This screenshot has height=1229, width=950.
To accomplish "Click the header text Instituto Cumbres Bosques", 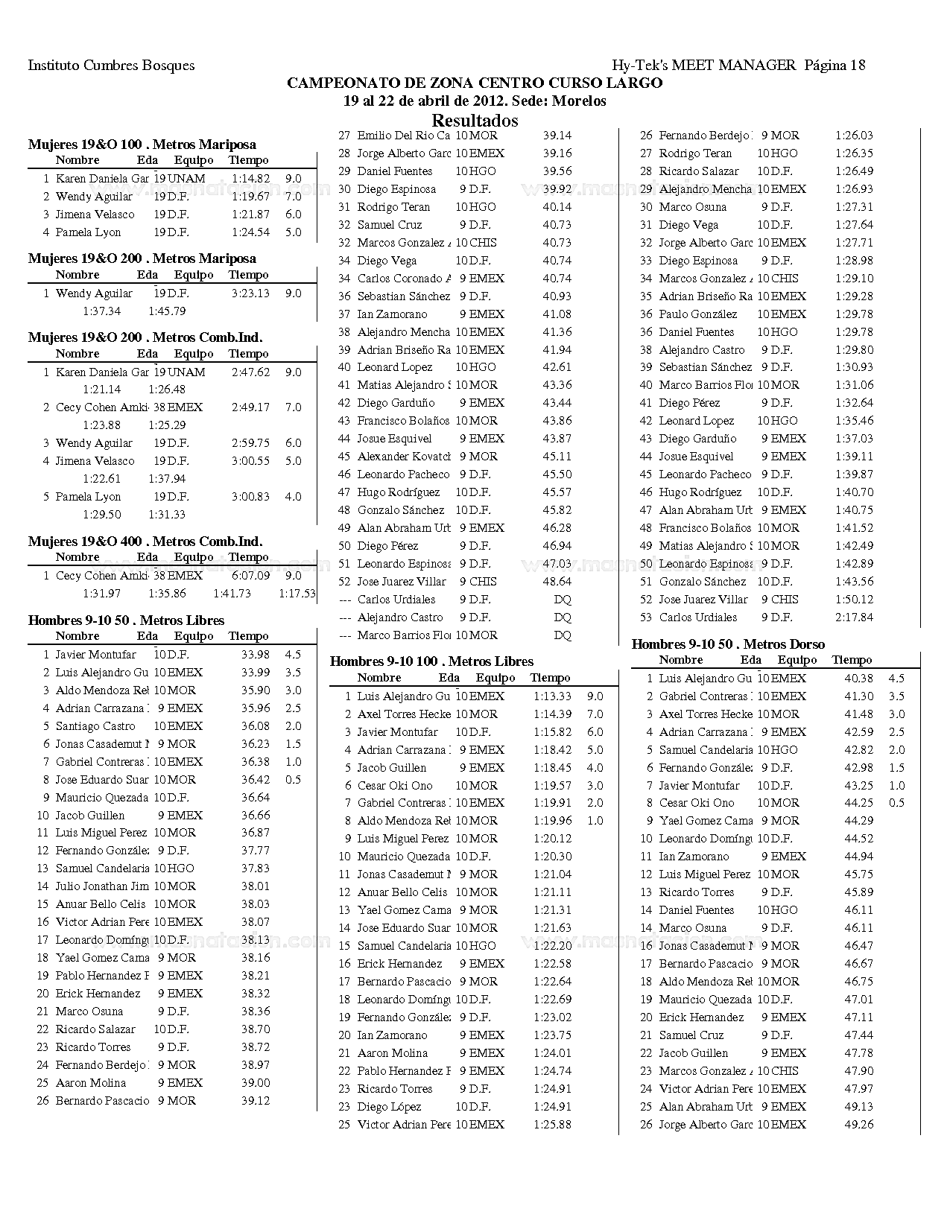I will [111, 66].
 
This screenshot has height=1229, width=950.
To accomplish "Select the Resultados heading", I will [475, 120].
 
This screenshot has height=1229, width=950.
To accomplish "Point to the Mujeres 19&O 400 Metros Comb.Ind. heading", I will [145, 542].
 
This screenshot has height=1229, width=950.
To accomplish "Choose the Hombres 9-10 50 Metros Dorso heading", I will [728, 644].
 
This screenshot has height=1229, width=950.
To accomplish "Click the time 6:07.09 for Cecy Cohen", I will [250, 576].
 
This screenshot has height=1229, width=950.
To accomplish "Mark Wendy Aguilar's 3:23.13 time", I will [250, 293].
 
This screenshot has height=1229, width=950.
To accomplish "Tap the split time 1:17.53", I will [297, 594].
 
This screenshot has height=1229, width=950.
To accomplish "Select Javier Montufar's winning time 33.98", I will [255, 655].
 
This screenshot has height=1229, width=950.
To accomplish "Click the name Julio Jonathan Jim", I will [102, 886].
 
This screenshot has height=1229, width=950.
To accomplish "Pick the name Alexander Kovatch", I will [404, 457].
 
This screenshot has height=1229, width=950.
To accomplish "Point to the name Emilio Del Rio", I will [403, 136].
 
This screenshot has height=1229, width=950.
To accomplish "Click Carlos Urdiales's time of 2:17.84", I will [854, 617].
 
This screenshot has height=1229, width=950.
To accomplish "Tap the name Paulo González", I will [698, 314].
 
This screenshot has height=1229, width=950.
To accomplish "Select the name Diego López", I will [389, 1107].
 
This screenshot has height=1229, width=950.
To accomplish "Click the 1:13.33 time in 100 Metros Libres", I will [552, 696].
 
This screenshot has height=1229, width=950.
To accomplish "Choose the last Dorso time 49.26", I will [858, 1125].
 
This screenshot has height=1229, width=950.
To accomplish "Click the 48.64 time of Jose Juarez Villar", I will [557, 582].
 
